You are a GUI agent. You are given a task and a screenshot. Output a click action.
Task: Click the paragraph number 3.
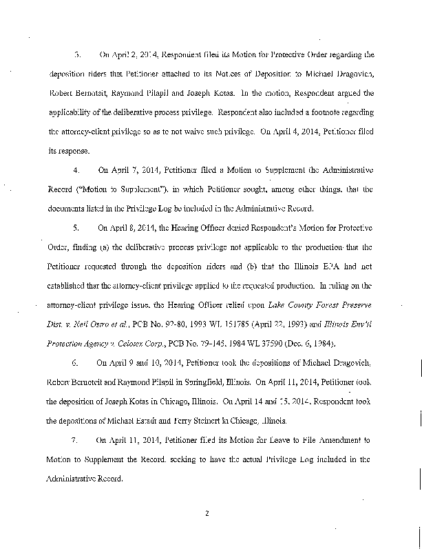(77, 53)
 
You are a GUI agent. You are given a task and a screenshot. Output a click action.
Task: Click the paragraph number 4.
(77, 168)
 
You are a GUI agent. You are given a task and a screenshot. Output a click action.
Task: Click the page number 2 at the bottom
(207, 512)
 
